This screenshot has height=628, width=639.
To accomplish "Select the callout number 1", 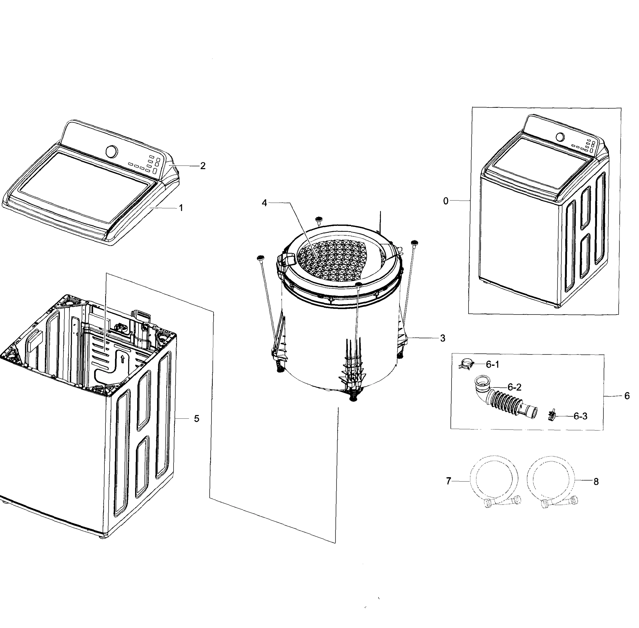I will [x=181, y=208].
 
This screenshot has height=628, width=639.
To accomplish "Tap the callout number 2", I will [x=203, y=166].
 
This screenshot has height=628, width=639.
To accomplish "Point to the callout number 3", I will [x=442, y=338].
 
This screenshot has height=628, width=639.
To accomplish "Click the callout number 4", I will [x=264, y=203].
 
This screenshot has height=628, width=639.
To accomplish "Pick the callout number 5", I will [x=196, y=419].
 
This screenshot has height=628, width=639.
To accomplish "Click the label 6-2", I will [x=514, y=387].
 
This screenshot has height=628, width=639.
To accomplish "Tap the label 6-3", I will [x=580, y=416].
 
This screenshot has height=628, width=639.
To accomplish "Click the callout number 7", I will [x=448, y=481].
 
